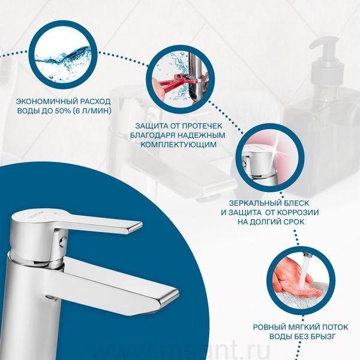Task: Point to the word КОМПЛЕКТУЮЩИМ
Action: click(x=178, y=145)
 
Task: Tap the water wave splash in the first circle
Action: click(x=63, y=59)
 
